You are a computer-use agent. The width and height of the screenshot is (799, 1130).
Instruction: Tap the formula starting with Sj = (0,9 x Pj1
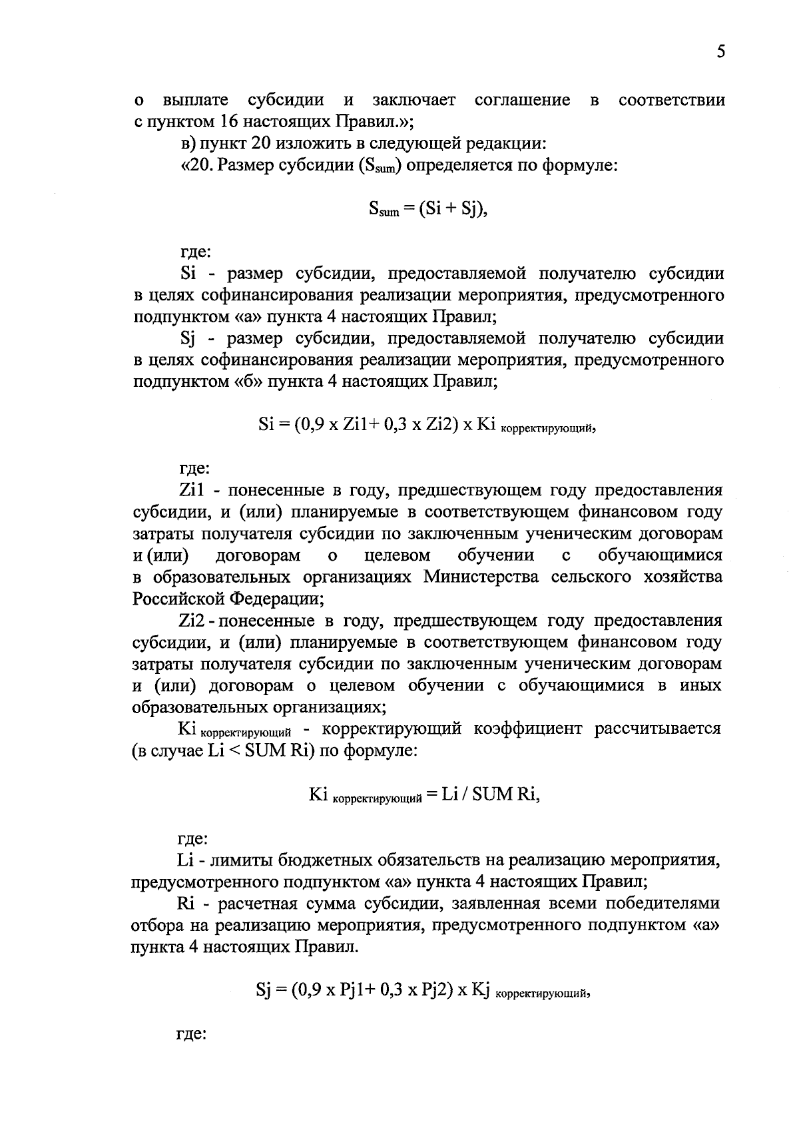click(x=423, y=991)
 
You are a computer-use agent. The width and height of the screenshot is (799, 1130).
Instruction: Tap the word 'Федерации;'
click(x=276, y=598)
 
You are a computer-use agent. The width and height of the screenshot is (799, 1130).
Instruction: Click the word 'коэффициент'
click(x=526, y=729)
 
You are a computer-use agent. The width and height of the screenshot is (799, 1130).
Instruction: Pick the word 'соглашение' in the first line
click(x=522, y=101)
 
